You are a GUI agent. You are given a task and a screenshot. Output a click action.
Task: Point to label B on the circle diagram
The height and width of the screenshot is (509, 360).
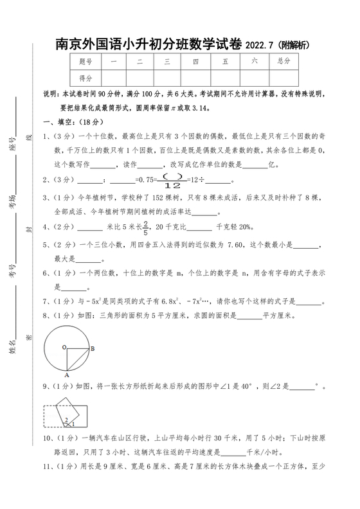coord(92,349)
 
